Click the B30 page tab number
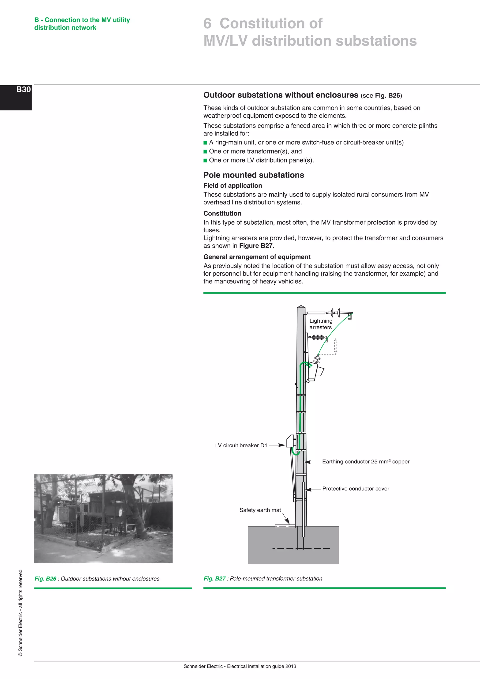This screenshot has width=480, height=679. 23,90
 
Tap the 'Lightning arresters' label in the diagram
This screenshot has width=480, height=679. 321,324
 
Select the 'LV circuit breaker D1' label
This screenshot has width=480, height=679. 241,445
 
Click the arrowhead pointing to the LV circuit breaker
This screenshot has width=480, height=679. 282,445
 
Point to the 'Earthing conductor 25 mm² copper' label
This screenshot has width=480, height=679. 366,462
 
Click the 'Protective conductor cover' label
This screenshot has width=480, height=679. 356,489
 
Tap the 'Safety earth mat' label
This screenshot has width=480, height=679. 260,510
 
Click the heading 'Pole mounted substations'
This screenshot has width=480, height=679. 254,175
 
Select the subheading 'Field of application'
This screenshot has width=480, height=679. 232,186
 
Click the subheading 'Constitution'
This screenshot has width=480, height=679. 222,214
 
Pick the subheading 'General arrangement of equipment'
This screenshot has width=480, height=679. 257,257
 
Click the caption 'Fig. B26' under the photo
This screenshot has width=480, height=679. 45,579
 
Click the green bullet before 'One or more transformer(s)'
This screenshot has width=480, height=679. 205,152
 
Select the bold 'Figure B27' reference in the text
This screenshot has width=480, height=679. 256,246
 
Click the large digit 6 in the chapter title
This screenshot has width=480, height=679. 207,24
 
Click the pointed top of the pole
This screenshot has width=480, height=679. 301,307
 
